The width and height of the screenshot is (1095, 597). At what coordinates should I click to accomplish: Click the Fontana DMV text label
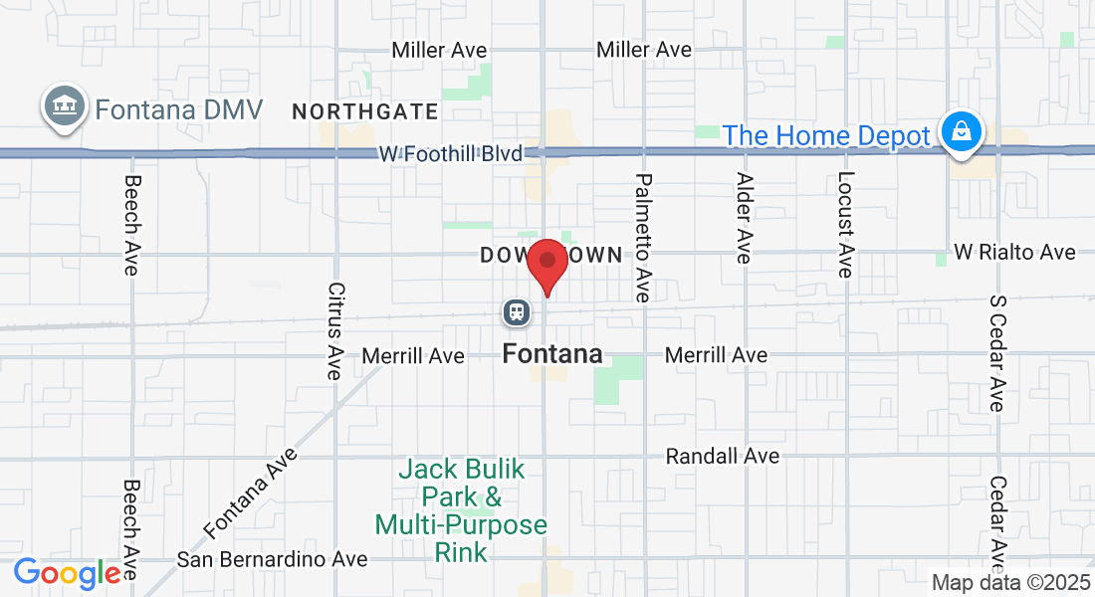(x=178, y=107)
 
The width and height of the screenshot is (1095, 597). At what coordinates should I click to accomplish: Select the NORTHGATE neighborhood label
(x=364, y=111)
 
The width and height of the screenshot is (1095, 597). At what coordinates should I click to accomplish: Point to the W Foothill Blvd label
(x=450, y=154)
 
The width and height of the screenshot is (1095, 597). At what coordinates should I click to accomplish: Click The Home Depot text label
(x=826, y=135)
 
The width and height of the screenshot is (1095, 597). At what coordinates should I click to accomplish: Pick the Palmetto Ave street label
(x=643, y=238)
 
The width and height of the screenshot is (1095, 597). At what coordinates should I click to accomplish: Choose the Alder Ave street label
(x=744, y=218)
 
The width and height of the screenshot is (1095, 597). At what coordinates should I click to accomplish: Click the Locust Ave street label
(x=844, y=224)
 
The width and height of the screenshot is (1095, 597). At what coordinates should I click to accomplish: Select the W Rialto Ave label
(x=1014, y=253)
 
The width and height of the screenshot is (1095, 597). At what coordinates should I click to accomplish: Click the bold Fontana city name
(x=552, y=353)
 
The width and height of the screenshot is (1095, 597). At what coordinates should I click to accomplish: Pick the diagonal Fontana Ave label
(x=251, y=492)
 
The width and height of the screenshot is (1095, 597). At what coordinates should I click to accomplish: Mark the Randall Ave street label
(x=722, y=456)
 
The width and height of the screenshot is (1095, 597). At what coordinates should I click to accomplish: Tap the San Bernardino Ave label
(x=272, y=559)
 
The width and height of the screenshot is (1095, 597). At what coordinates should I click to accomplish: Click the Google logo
(x=67, y=573)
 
